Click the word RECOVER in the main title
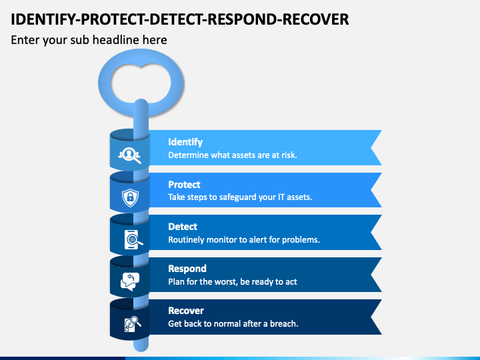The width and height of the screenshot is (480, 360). coord(315,19)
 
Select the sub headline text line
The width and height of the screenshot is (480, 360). coord(89,40)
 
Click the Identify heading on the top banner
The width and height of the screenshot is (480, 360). coord(185,142)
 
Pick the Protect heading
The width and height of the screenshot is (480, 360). coord(184,185)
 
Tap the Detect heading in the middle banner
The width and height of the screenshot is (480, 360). coord(183,227)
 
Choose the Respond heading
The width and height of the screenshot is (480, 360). coord(187,269)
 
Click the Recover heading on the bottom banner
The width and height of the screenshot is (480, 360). coord(186,311)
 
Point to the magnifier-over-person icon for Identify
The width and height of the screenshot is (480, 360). coord(130,155)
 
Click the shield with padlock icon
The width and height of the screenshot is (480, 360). coord(131,197)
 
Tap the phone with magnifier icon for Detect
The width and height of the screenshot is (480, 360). coord(133,239)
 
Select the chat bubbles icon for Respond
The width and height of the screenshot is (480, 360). coord(130,281)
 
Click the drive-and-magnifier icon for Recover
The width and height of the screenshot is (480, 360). coord(133,323)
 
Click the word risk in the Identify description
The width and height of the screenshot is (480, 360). coord(289,155)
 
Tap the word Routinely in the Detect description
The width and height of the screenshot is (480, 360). coord(187,240)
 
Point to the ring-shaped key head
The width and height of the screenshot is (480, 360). coord(105,83)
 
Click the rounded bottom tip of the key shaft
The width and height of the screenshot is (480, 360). coord(141,349)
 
